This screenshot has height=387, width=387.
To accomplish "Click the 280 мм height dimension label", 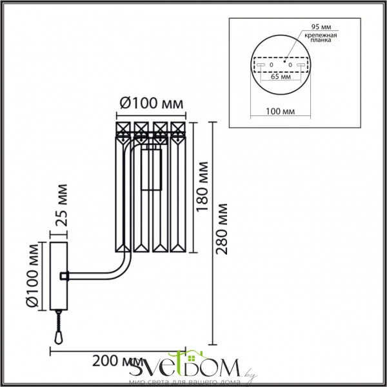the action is point(221,229).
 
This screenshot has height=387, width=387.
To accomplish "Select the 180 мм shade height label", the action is point(203,187).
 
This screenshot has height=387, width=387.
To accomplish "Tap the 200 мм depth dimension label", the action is point(117,362).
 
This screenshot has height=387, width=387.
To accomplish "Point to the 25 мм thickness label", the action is point(61,205).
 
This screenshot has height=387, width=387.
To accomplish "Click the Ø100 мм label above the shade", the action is point(152,103).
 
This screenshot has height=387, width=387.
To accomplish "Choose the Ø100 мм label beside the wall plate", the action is point(33,276).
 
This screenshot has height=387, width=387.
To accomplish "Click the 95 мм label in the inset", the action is point(321,26).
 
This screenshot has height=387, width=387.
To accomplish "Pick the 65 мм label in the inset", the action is point(281,77).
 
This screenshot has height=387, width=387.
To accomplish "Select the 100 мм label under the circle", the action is point(280,112).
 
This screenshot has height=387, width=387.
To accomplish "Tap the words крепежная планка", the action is point(321,37).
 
